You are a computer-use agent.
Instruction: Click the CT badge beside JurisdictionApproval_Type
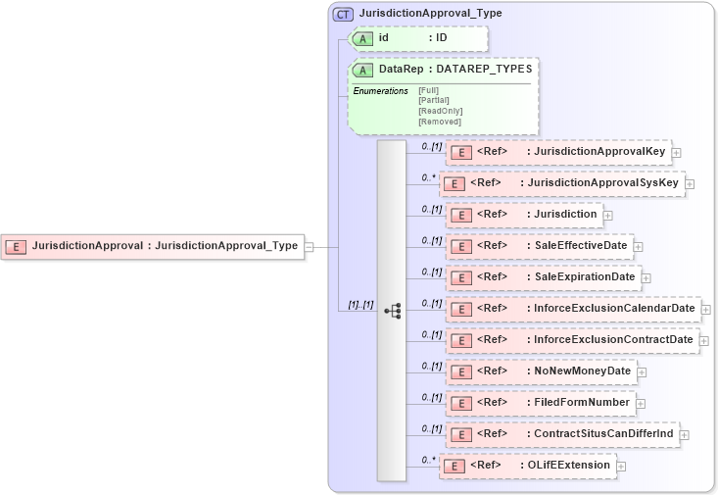pyautogui.click(x=344, y=14)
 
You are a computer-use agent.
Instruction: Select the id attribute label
pyautogui.click(x=384, y=38)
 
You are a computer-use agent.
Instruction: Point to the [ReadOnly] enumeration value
pyautogui.click(x=440, y=111)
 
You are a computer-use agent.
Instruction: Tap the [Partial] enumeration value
pyautogui.click(x=434, y=100)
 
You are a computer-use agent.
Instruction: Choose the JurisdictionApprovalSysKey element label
pyautogui.click(x=602, y=182)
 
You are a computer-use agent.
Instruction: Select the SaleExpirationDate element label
pyautogui.click(x=585, y=276)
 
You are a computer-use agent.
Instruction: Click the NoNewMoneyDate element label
pyautogui.click(x=583, y=371)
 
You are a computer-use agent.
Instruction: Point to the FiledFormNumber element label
pyautogui.click(x=581, y=402)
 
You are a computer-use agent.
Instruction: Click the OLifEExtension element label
pyautogui.click(x=566, y=465)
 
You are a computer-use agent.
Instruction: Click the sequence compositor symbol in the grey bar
pyautogui.click(x=392, y=311)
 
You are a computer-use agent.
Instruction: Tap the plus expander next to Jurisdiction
pyautogui.click(x=608, y=215)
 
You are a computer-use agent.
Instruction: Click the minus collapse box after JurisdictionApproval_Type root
pyautogui.click(x=309, y=246)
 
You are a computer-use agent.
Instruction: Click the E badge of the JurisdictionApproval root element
pyautogui.click(x=16, y=246)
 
